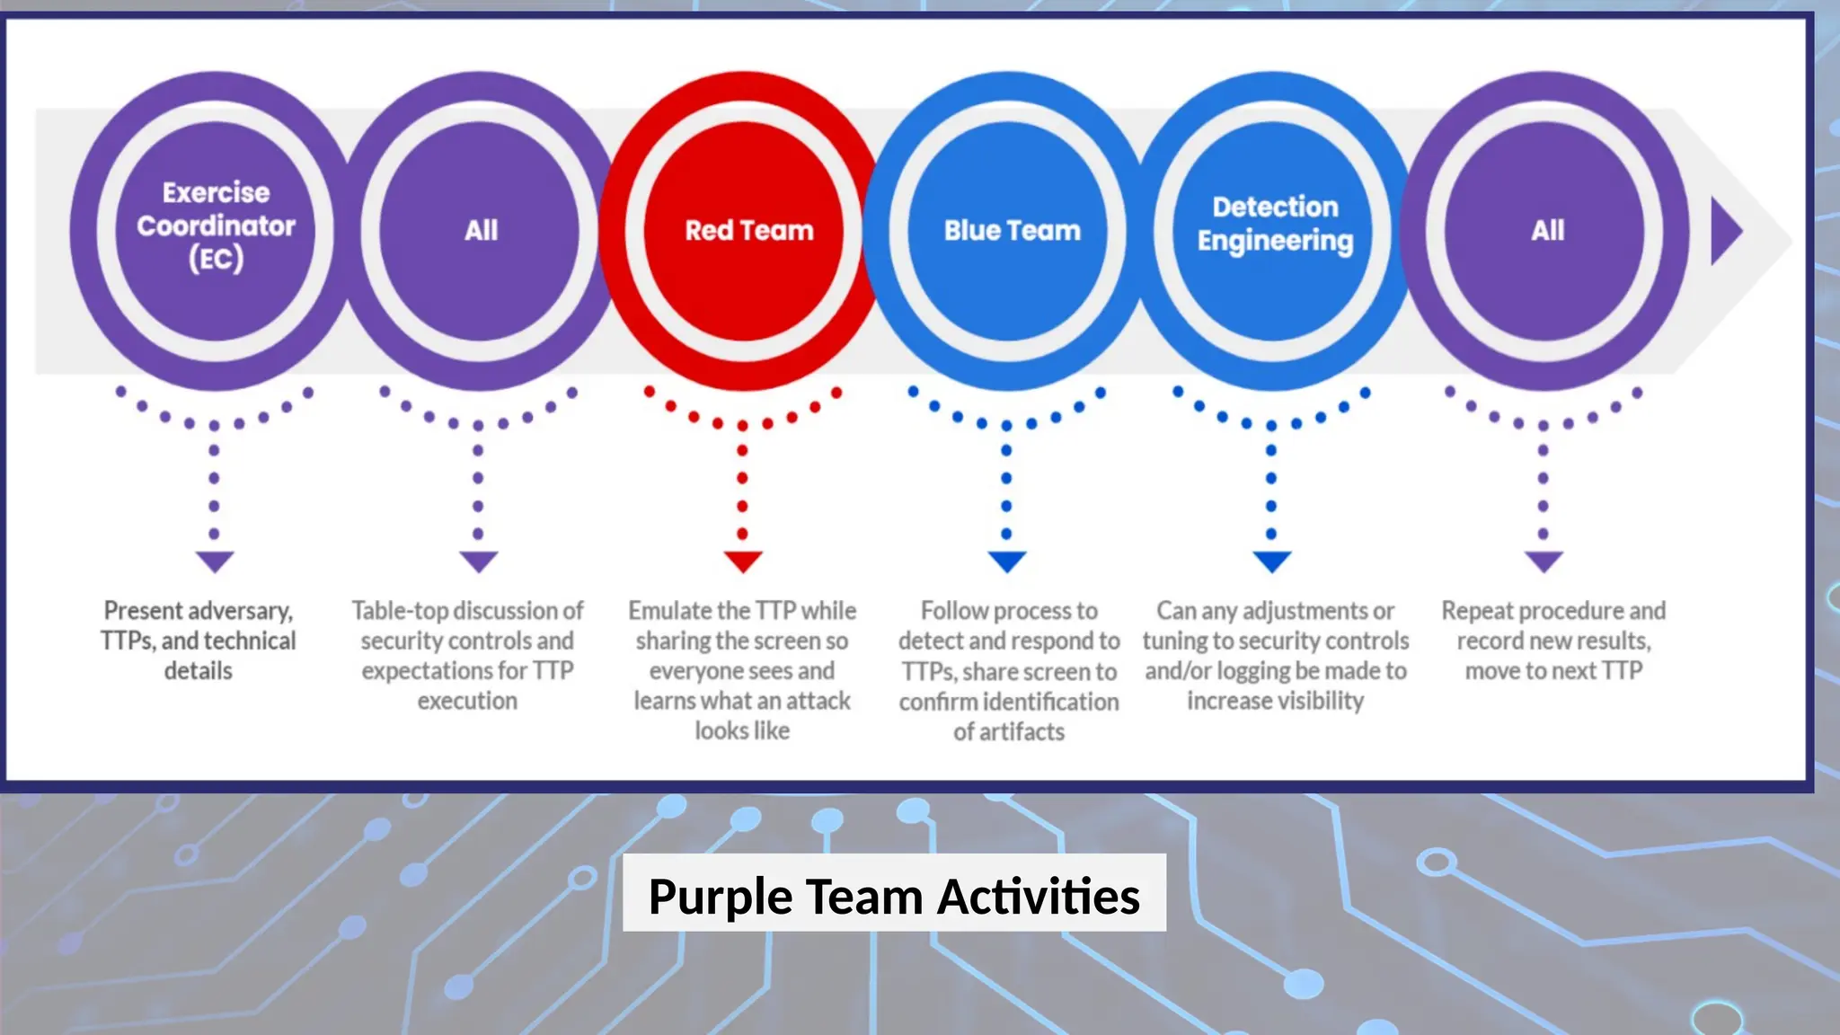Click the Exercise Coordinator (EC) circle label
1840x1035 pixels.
pos(216,226)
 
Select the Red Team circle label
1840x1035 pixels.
pos(749,231)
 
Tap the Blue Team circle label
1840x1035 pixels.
pos(1012,231)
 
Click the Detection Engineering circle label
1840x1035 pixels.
pos(1275,224)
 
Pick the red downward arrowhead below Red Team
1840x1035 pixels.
pos(743,562)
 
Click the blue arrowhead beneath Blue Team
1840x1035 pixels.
pos(1007,562)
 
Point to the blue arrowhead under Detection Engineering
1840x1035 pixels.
pos(1272,562)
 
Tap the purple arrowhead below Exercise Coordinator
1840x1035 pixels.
pos(215,562)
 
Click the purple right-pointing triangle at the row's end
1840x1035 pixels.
pos(1725,232)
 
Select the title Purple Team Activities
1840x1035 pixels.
pos(894,896)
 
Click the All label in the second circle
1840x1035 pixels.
pos(481,231)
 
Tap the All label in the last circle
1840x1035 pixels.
pos(1547,231)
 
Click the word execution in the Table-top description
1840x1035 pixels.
pos(467,701)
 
